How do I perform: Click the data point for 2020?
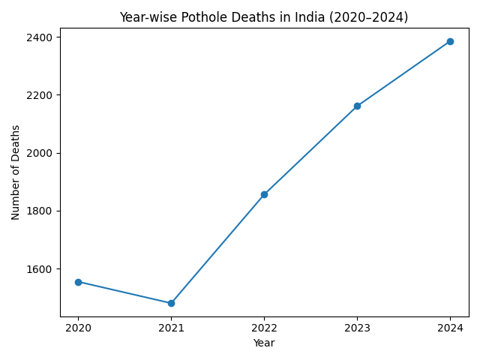click(x=78, y=282)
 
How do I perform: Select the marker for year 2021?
click(x=171, y=303)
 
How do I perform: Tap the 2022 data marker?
click(x=264, y=194)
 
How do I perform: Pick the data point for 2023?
click(x=357, y=106)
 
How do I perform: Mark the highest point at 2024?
click(x=450, y=41)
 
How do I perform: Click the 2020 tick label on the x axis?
click(x=78, y=328)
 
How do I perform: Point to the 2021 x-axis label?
click(x=171, y=328)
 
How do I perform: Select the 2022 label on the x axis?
click(x=264, y=328)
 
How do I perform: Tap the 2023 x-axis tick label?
click(x=357, y=328)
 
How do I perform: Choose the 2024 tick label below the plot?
click(x=450, y=328)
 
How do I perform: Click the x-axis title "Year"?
click(x=264, y=343)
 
